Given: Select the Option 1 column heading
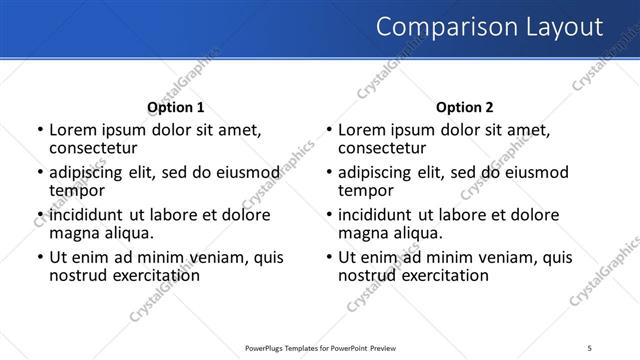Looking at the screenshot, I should click(175, 107).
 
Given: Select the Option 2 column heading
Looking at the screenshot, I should click(465, 107).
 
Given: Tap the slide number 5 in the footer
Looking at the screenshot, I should click(589, 347).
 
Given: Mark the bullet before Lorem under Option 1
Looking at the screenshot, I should click(39, 130).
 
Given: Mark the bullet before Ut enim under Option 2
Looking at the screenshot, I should click(329, 257).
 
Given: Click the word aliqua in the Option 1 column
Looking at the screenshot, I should click(124, 232).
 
